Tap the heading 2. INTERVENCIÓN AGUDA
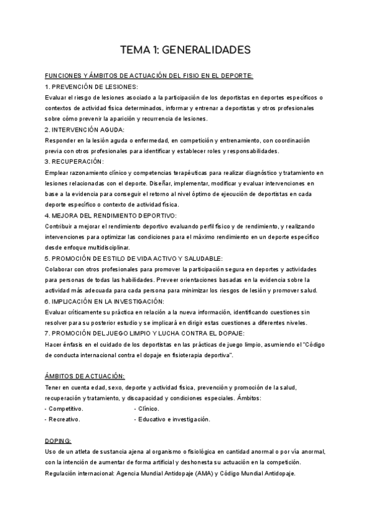coord(85,130)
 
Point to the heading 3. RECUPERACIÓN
coord(74,161)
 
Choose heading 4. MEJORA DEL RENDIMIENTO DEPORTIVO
coord(111,215)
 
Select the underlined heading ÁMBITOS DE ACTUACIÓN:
coord(85,376)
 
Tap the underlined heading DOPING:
coord(58,441)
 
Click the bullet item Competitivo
coord(66,408)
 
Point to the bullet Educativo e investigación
coord(174,420)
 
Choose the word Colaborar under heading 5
coord(60,269)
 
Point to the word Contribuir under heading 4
coord(61,226)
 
